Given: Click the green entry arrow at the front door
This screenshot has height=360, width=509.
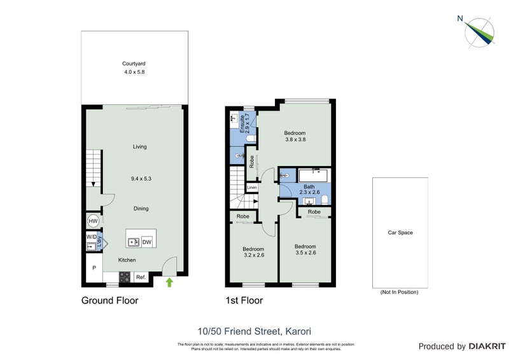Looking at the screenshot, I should [169, 282].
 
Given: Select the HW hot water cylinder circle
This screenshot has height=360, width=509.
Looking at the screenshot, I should [93, 221].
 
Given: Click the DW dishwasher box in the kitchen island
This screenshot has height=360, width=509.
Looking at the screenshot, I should [146, 242].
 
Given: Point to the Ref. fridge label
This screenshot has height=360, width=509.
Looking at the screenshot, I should [141, 277].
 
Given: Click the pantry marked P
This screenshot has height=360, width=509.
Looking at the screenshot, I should [94, 268].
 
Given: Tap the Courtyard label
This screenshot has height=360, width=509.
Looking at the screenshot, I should [134, 63].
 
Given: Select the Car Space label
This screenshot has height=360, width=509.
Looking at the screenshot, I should [400, 233].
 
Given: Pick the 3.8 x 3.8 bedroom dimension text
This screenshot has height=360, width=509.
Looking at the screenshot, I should [295, 139].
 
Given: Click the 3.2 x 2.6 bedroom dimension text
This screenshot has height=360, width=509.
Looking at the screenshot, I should [253, 255].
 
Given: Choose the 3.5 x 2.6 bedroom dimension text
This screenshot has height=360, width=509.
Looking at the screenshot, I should [305, 253].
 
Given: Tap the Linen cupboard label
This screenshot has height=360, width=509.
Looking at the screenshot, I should [252, 188].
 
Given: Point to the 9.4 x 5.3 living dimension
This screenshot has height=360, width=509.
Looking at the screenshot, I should [139, 179].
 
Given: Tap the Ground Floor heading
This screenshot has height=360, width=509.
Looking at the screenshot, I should [109, 300].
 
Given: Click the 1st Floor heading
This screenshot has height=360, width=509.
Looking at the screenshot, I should [244, 300].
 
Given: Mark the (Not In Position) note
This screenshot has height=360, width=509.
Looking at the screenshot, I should [400, 292].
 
